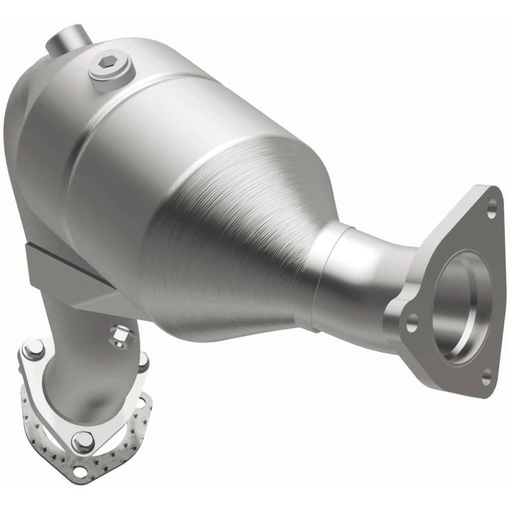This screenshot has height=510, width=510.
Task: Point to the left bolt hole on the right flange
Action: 412,319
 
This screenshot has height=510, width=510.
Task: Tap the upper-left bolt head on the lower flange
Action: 33,349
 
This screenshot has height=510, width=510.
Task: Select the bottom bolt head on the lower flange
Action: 82,441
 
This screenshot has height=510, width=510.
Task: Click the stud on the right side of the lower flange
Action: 143,361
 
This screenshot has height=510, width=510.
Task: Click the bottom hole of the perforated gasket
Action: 79,472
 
